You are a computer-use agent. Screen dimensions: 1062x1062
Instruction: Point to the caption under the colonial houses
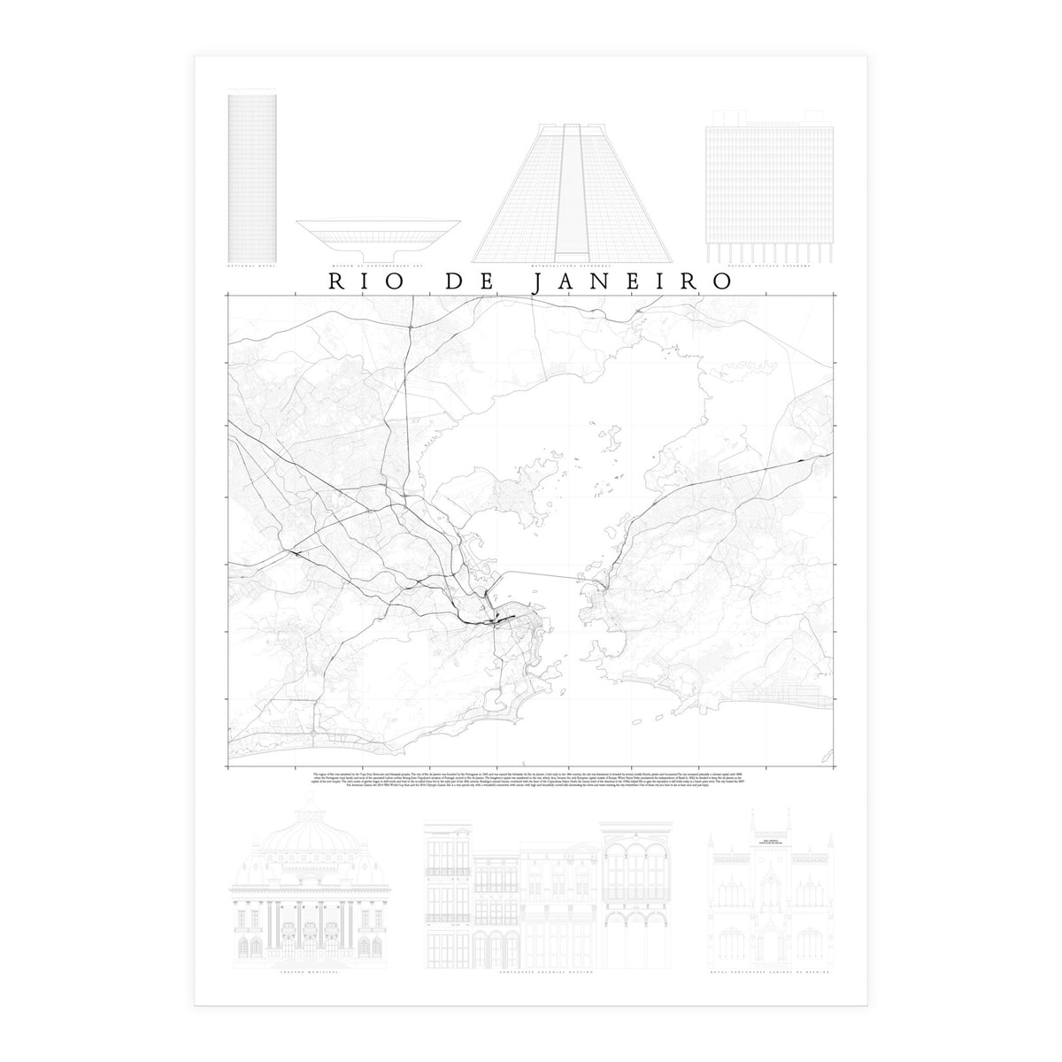(531, 971)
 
